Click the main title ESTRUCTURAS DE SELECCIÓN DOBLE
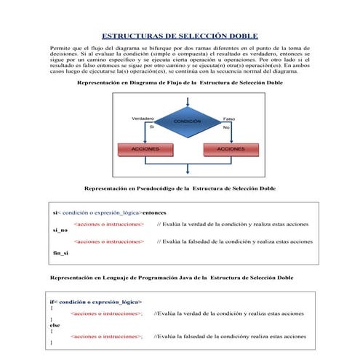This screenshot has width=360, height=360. pyautogui.click(x=179, y=36)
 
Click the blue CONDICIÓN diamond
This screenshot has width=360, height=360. pyautogui.click(x=187, y=121)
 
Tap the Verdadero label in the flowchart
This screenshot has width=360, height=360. pyautogui.click(x=143, y=118)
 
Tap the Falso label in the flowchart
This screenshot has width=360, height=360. pyautogui.click(x=228, y=119)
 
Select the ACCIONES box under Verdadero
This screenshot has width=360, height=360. pyautogui.click(x=145, y=148)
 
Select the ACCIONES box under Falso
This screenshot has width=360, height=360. pyautogui.click(x=231, y=148)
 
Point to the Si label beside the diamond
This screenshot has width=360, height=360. pyautogui.click(x=151, y=127)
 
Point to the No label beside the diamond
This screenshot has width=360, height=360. pyautogui.click(x=226, y=127)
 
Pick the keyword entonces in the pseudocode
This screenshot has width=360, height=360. pyautogui.click(x=159, y=213)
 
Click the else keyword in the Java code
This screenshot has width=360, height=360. pyautogui.click(x=55, y=325)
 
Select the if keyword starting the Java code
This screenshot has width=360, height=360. pyautogui.click(x=52, y=301)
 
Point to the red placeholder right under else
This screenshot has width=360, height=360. pyautogui.click(x=106, y=337)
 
